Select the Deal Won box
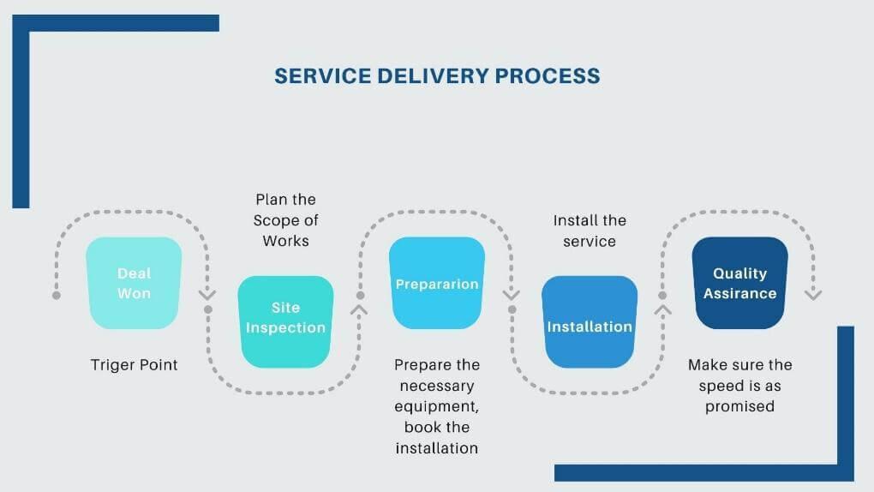pos(134,283)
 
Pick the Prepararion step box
pos(437,284)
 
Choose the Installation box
pos(590,322)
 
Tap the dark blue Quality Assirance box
pos(739,283)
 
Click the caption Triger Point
pos(135,365)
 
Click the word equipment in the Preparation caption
pos(437,406)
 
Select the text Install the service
pos(590,231)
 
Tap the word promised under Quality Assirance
pos(739,406)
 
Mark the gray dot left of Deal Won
pos(57,295)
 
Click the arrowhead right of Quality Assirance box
pos(813,294)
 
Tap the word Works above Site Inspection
pos(285,241)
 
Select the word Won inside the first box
pos(135,293)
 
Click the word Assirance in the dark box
pos(739,293)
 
